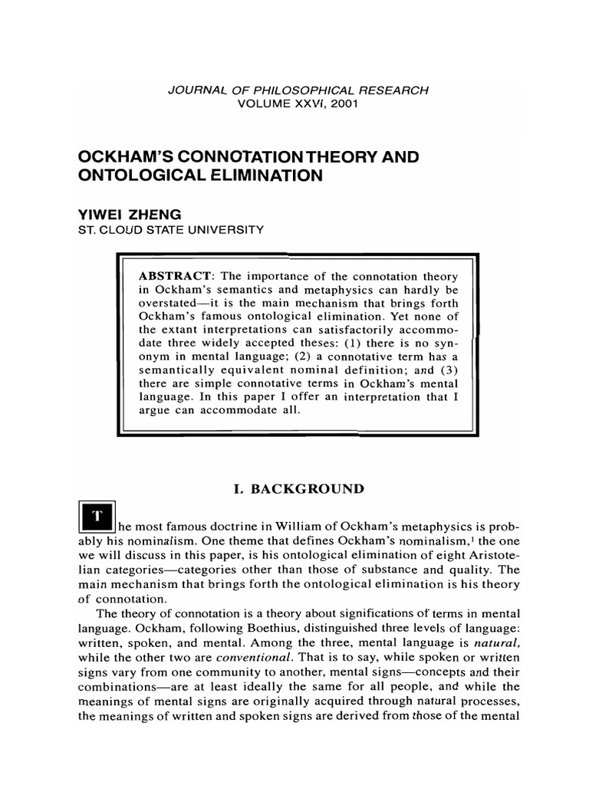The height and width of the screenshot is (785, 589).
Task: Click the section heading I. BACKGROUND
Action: [293, 488]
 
